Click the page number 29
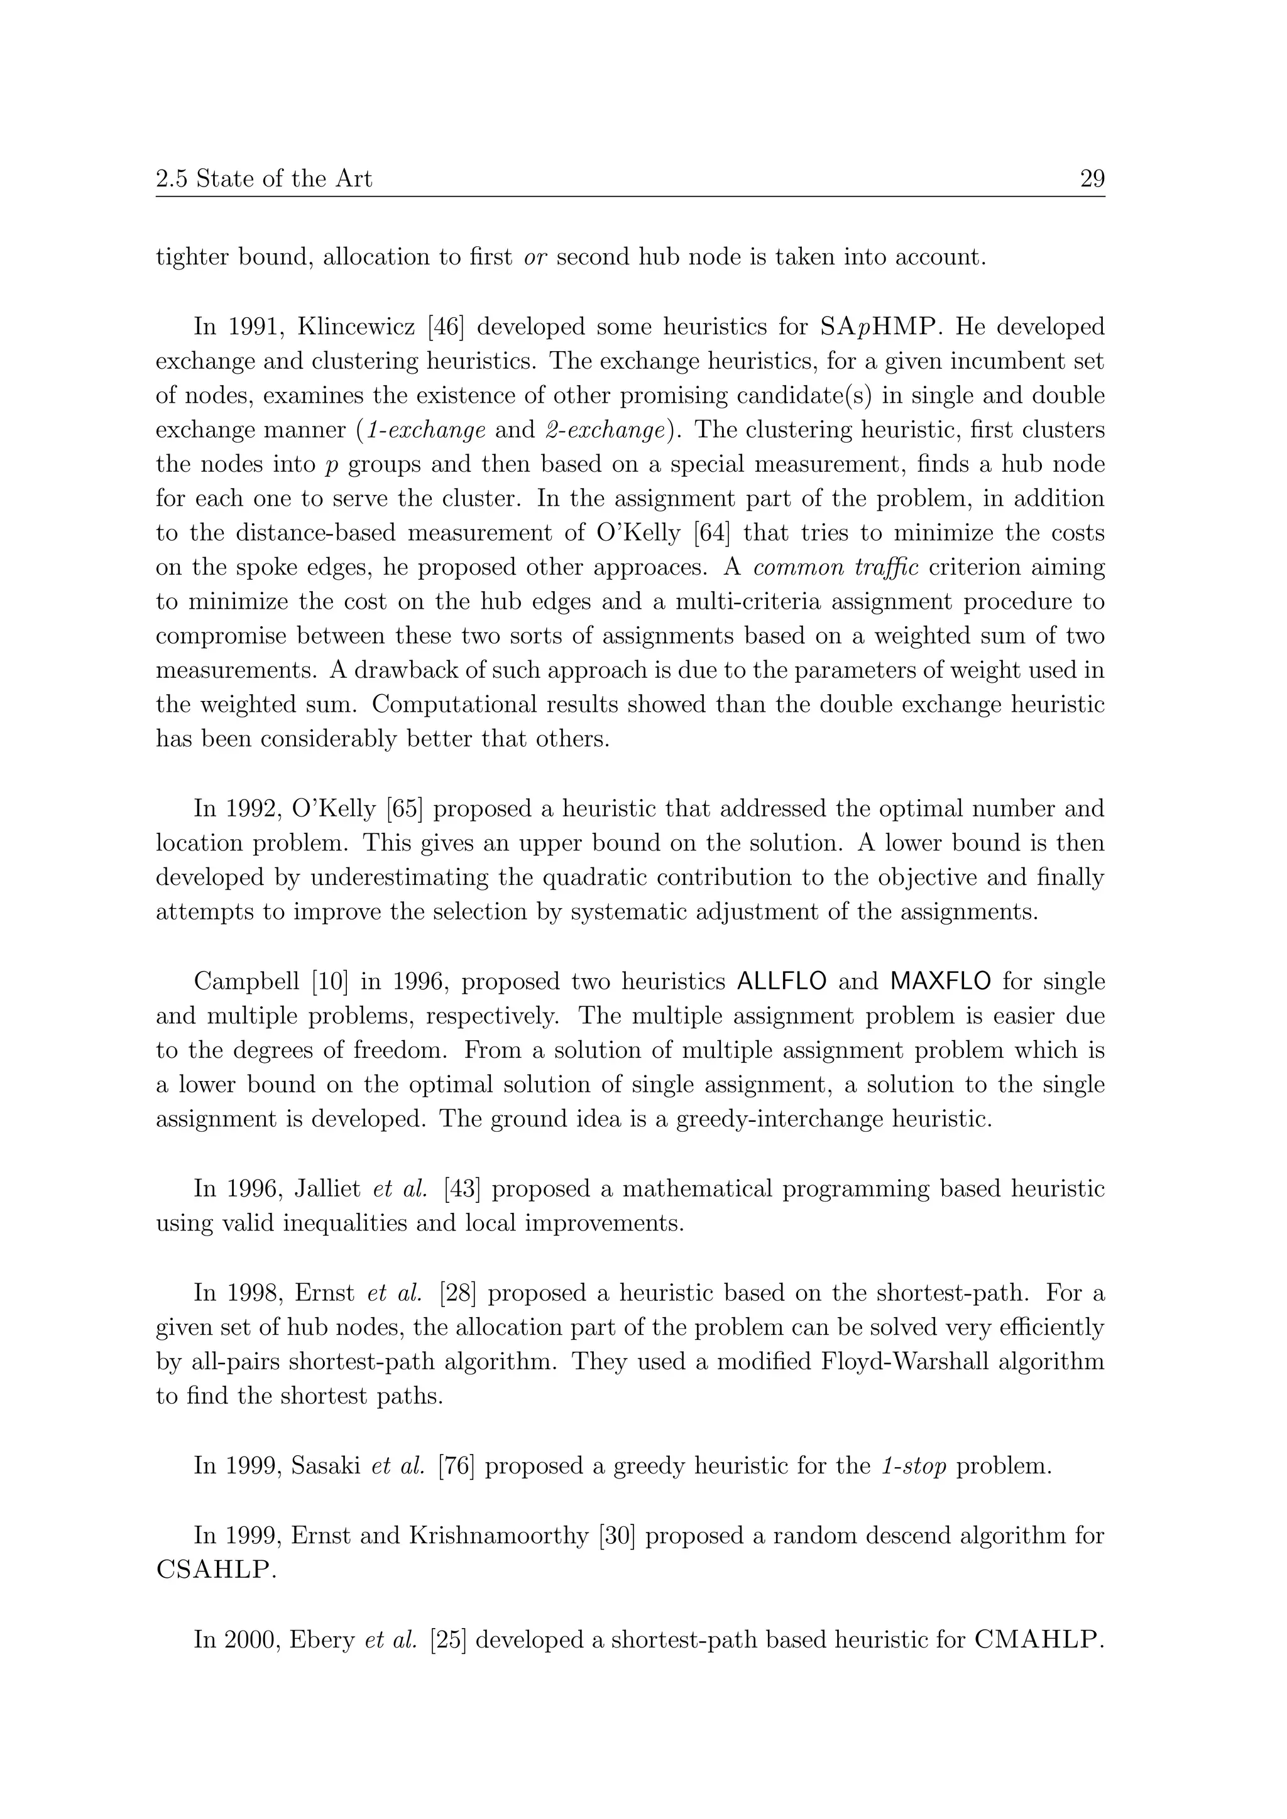1092,179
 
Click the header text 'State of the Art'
283,179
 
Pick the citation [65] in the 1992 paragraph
404,809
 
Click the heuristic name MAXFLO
941,982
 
